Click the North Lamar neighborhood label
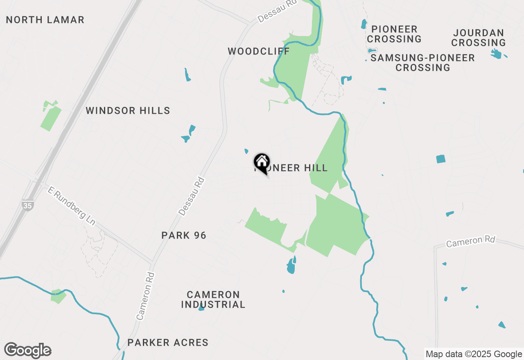(x=45, y=20)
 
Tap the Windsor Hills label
(x=128, y=110)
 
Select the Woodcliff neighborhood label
(x=259, y=51)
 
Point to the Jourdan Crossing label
(x=479, y=38)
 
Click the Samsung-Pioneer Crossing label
(x=422, y=63)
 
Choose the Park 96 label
(x=184, y=235)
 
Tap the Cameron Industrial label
(x=213, y=299)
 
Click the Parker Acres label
(x=168, y=342)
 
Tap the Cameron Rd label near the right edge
(x=471, y=241)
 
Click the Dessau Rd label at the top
(x=277, y=14)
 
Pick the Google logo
(x=27, y=350)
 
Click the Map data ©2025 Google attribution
(x=473, y=354)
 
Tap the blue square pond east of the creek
(x=440, y=159)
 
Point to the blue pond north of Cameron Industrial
(x=291, y=266)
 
